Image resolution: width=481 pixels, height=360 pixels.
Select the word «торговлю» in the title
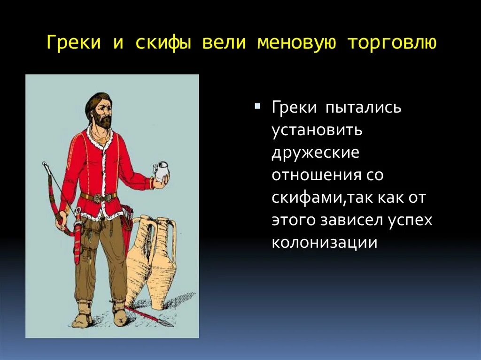click(392, 43)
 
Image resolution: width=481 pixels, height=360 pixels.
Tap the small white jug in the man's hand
click(161, 171)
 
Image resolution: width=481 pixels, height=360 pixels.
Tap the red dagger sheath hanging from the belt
click(77, 244)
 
